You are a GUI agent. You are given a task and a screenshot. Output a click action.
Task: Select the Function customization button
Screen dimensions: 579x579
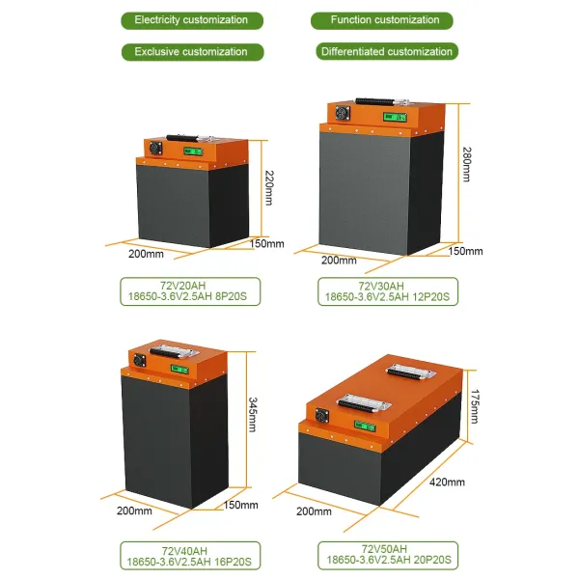click(x=381, y=20)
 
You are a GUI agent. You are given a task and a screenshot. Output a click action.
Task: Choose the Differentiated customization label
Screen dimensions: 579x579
click(x=384, y=51)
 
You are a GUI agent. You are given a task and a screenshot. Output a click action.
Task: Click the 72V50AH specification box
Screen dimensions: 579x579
click(x=387, y=553)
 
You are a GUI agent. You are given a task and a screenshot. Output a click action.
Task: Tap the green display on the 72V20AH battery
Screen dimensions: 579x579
click(x=193, y=152)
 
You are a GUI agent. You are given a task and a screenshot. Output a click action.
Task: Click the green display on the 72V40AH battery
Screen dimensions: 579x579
click(x=179, y=368)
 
